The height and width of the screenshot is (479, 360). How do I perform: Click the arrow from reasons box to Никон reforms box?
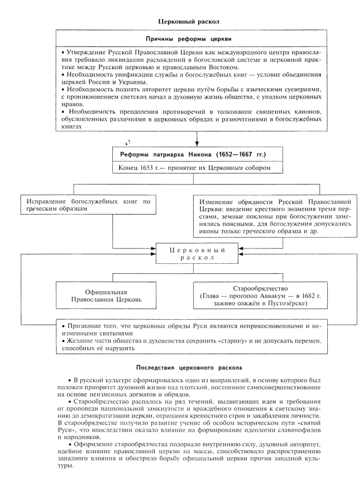[188, 138]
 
